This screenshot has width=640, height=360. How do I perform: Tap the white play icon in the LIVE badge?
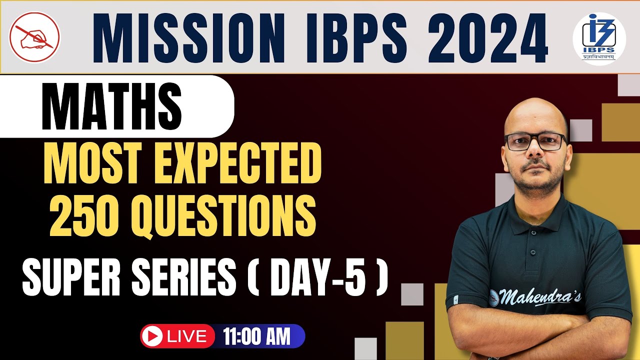click(151, 336)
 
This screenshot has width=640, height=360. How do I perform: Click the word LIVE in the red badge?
click(187, 336)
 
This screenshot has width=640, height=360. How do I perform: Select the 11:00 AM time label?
click(257, 336)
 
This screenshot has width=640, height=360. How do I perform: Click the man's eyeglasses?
click(535, 141)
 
